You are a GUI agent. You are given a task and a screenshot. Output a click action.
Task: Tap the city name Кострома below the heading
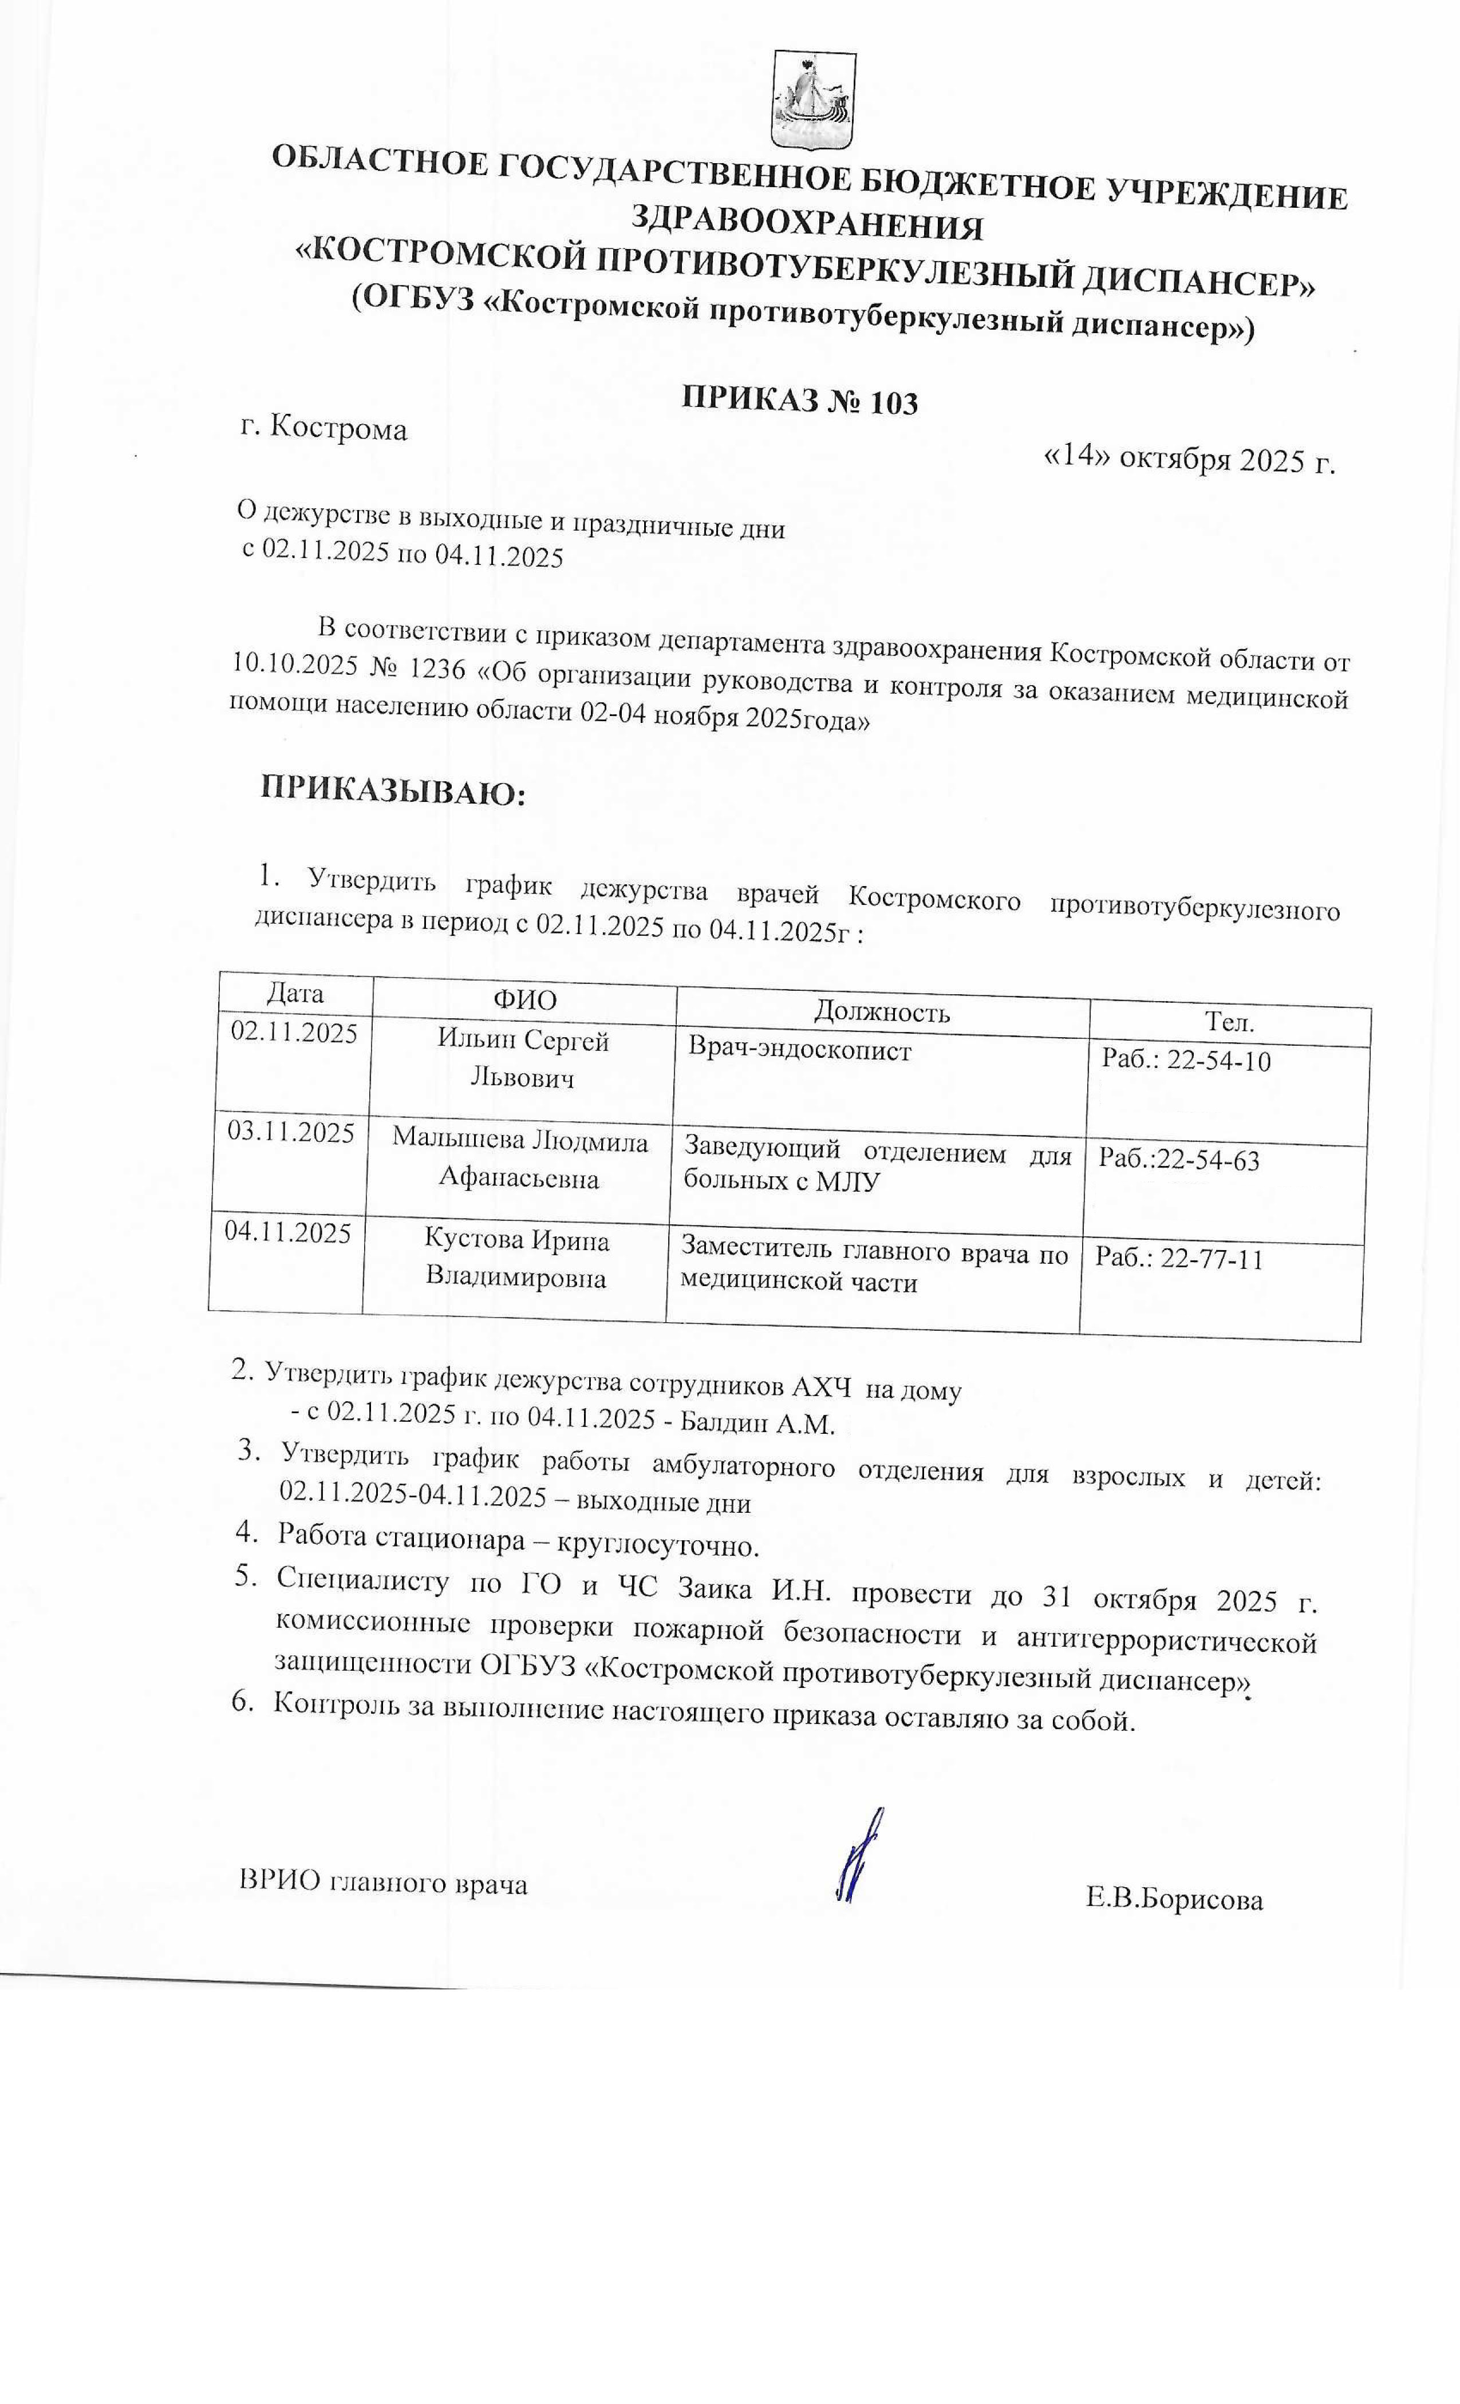point(338,428)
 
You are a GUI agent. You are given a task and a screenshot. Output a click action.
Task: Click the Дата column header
point(295,993)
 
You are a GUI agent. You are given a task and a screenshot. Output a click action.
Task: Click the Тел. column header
point(1229,1022)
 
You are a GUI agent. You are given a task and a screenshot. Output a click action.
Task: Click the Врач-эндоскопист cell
point(799,1051)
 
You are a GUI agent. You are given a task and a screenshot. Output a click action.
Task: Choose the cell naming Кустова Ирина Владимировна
point(516,1259)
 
